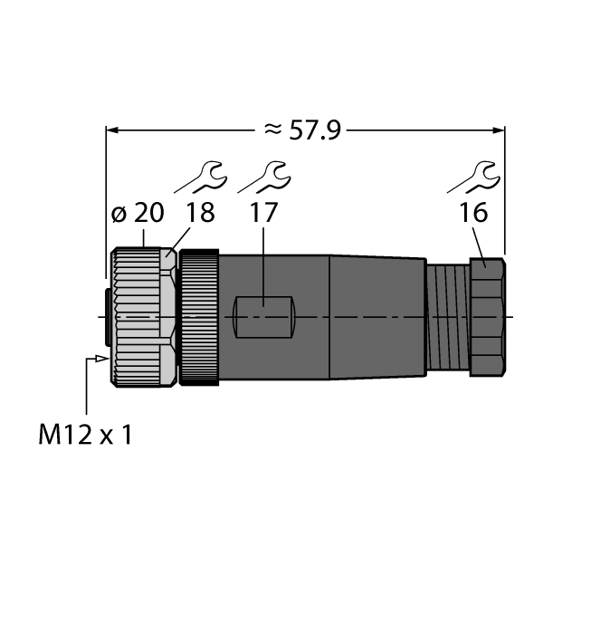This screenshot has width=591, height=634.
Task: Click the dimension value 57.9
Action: tap(314, 130)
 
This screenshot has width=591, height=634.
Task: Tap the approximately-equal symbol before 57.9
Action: tap(272, 130)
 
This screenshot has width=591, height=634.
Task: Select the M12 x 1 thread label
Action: tap(86, 436)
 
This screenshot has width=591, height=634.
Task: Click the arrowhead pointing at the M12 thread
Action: tap(96, 360)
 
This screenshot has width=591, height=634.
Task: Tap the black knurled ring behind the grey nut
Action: tap(199, 316)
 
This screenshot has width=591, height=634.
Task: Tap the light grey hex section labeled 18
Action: tap(169, 316)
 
